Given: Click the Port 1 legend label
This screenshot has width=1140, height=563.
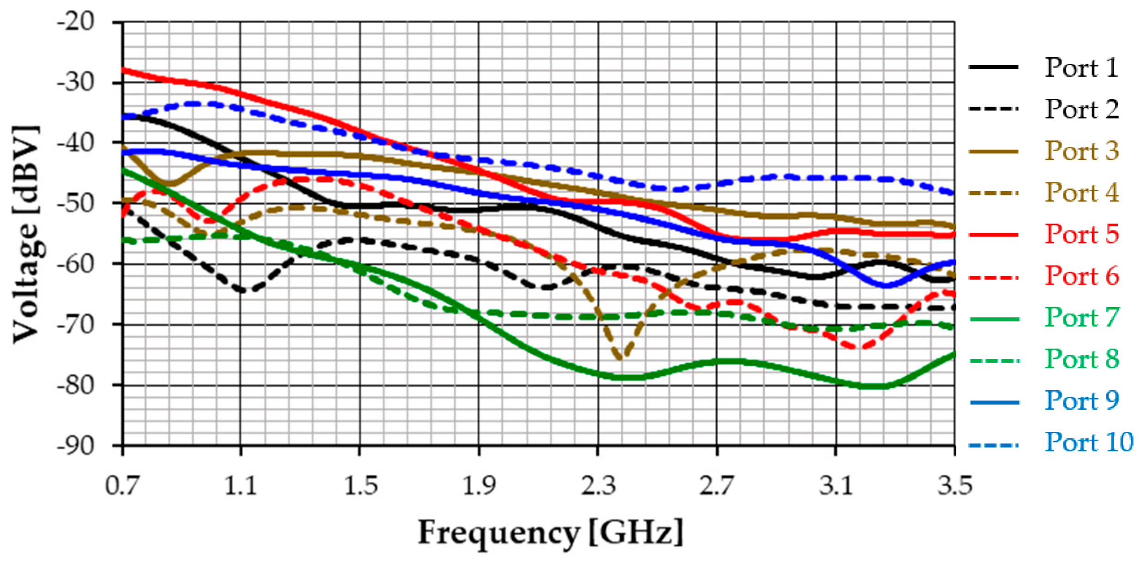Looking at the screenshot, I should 1081,68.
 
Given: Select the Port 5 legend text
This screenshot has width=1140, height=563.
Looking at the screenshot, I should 1081,234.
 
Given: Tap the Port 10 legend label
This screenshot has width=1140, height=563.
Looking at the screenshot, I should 1088,442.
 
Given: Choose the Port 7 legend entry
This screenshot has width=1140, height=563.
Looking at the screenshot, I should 1081,317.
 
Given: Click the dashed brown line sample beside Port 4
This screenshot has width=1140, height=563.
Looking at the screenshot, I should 993,193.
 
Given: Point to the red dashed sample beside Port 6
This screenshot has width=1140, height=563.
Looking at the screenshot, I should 993,277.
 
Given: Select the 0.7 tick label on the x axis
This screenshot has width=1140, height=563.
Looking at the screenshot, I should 122,486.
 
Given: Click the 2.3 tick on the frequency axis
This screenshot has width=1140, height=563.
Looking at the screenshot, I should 598,486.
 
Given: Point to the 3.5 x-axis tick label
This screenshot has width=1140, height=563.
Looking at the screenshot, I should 954,486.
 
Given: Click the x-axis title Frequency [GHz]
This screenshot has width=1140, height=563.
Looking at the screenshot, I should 550,533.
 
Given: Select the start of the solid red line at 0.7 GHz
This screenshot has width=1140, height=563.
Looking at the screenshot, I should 123,70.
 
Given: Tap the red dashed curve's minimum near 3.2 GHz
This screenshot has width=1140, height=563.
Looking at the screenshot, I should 858,347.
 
